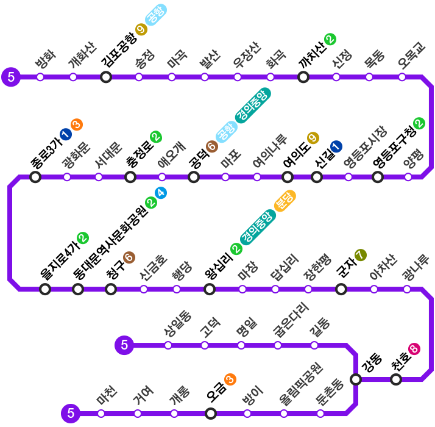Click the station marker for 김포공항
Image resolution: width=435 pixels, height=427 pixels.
[x=106, y=77]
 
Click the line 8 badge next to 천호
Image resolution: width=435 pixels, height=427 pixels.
[x=414, y=349]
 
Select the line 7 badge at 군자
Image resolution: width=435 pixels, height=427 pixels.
[x=360, y=255]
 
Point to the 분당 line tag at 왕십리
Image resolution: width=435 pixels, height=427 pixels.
[x=285, y=200]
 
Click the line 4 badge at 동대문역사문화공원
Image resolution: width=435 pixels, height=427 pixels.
[x=161, y=193]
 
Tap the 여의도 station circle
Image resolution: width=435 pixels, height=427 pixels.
[x=288, y=178]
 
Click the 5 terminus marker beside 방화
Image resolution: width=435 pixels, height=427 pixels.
[x=11, y=77]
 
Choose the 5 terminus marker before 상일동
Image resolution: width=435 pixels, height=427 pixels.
[x=124, y=345]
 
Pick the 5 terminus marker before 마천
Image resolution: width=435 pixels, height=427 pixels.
[x=71, y=414]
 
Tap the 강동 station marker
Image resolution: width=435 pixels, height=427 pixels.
[x=356, y=379]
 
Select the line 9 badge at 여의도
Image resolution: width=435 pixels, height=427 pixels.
[x=313, y=138]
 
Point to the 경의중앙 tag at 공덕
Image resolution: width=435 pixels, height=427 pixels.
[x=252, y=105]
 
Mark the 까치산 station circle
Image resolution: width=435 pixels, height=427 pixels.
[x=303, y=77]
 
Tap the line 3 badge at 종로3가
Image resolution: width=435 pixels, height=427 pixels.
[x=77, y=124]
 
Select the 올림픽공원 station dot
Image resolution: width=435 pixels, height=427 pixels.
[x=284, y=414]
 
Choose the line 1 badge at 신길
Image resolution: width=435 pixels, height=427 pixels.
[x=336, y=146]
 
